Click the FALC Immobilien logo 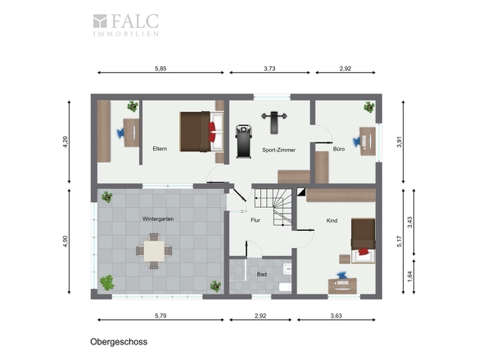(x=126, y=25)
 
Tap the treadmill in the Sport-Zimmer (x=244, y=142)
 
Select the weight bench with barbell (x=274, y=122)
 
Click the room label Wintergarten (x=158, y=219)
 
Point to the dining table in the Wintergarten (x=154, y=251)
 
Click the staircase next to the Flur (x=273, y=207)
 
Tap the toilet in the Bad (x=285, y=287)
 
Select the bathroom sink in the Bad (x=287, y=269)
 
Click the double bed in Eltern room (x=201, y=132)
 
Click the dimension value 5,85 (x=160, y=69)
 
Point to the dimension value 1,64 (x=409, y=277)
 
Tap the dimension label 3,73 (x=269, y=69)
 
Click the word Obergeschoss (x=119, y=342)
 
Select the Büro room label (x=339, y=149)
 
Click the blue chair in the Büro (x=357, y=141)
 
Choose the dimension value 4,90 (x=65, y=241)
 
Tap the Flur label (x=255, y=220)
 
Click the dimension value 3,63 (x=336, y=316)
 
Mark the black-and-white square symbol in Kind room (x=301, y=191)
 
